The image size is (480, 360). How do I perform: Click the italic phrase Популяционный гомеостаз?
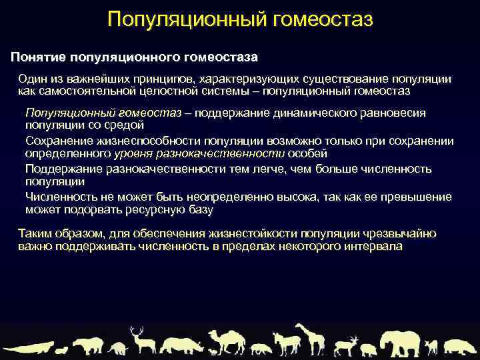(103, 113)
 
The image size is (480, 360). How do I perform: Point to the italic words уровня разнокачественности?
(199, 153)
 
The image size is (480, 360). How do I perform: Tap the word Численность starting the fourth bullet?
(59, 197)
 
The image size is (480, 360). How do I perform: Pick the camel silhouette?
(226, 341)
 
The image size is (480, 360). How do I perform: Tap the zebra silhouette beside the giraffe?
(286, 344)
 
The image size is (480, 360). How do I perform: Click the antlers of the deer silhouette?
(137, 331)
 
